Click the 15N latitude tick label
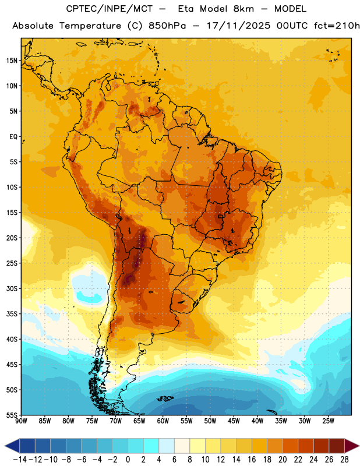(12, 61)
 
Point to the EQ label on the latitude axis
(13, 137)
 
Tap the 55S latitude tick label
(12, 415)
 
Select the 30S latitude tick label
(12, 288)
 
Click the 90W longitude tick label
(21, 421)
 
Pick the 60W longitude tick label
(163, 421)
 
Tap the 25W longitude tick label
(328, 421)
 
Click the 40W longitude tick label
(257, 421)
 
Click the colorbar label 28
(344, 460)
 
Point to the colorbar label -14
(20, 460)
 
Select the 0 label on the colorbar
(128, 460)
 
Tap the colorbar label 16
(252, 460)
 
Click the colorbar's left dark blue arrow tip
(5, 446)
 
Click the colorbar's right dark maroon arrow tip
(359, 446)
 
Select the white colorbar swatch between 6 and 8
(182, 446)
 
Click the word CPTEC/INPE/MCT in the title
(110, 9)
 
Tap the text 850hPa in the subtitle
(167, 26)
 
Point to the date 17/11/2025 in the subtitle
(239, 26)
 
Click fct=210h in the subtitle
(337, 26)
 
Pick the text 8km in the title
(243, 9)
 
